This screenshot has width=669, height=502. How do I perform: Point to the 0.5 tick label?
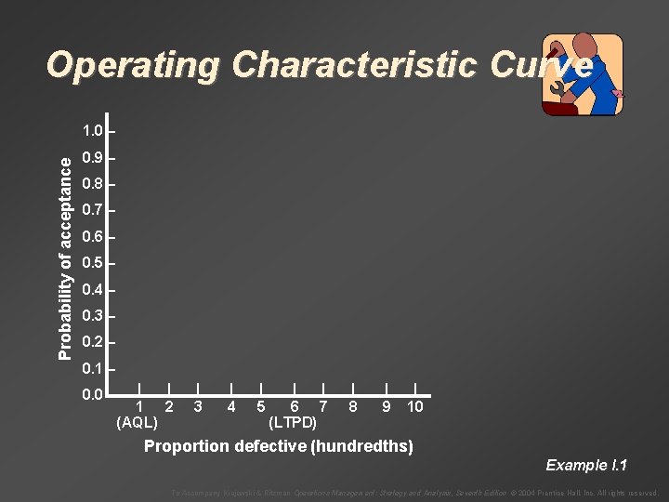[x=92, y=263]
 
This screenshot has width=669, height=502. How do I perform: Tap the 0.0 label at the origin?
[x=92, y=396]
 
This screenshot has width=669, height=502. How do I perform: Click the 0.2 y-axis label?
[x=92, y=342]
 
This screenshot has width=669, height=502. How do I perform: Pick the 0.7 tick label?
[x=92, y=210]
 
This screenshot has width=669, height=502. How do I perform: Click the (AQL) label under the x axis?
[x=137, y=422]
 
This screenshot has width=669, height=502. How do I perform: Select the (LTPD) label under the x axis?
[x=292, y=422]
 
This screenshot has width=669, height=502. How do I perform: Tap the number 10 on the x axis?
[x=414, y=406]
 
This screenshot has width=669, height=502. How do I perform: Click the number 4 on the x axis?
[x=230, y=406]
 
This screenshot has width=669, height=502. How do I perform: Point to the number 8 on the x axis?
[x=353, y=406]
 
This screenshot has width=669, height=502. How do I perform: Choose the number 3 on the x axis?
[x=199, y=406]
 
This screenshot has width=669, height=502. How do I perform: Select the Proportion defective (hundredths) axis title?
[x=278, y=446]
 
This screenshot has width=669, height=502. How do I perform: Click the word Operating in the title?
[x=134, y=66]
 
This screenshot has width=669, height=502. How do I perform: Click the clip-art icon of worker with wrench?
[x=582, y=74]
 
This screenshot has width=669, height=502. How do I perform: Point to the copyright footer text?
[x=414, y=493]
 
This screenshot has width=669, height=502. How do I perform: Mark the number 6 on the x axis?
[x=294, y=406]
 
